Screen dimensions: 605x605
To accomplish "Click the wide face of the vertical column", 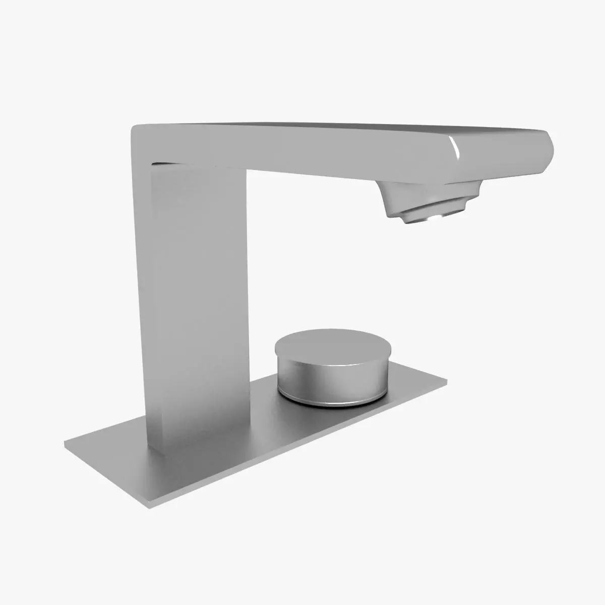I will (x=202, y=302).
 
